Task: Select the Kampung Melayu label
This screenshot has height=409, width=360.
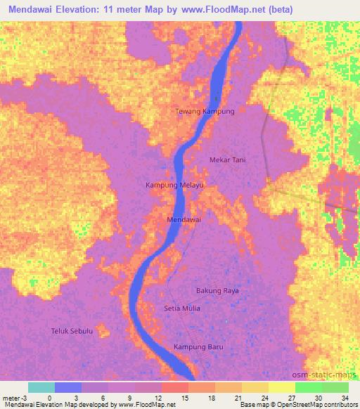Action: pyautogui.click(x=174, y=185)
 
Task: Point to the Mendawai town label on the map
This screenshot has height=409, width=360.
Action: pyautogui.click(x=184, y=220)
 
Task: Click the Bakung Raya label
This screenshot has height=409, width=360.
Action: pyautogui.click(x=217, y=290)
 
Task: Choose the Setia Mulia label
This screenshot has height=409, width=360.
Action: pyautogui.click(x=181, y=309)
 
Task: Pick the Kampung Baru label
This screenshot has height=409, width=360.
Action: pyautogui.click(x=198, y=346)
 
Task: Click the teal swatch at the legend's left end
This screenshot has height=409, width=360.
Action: pyautogui.click(x=41, y=387)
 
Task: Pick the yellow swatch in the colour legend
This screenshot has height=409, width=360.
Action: pyautogui.click(x=281, y=387)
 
